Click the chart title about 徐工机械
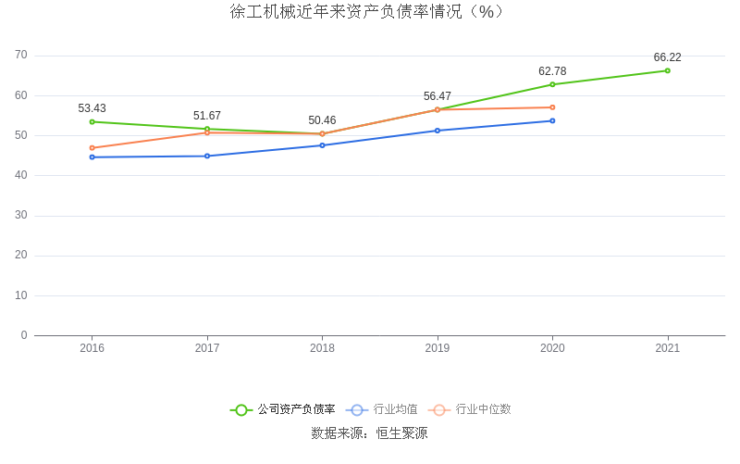[369, 12]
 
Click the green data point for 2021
[667, 70]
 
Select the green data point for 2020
[552, 84]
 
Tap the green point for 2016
[92, 121]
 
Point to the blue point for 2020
[552, 120]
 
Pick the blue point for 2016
[92, 157]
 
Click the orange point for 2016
[92, 147]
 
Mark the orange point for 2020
[552, 107]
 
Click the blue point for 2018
[322, 145]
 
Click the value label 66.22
[667, 57]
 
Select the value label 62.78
[552, 71]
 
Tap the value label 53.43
[92, 108]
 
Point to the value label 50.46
[322, 120]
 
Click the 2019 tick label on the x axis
[438, 348]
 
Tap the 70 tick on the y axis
[21, 56]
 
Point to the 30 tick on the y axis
[21, 215]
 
